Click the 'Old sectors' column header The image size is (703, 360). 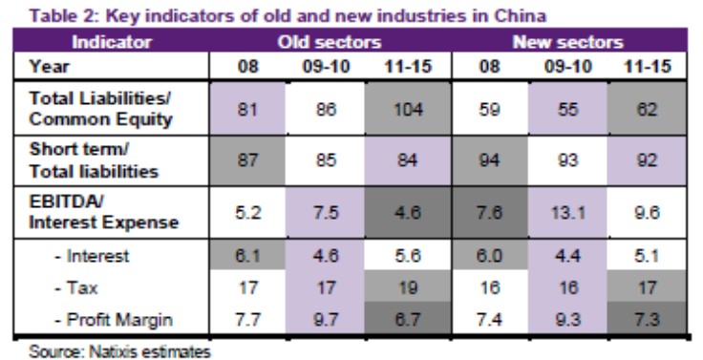330,43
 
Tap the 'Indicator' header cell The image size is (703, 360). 112,43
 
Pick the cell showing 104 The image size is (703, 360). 409,108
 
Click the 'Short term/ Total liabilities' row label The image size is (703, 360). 86,161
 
